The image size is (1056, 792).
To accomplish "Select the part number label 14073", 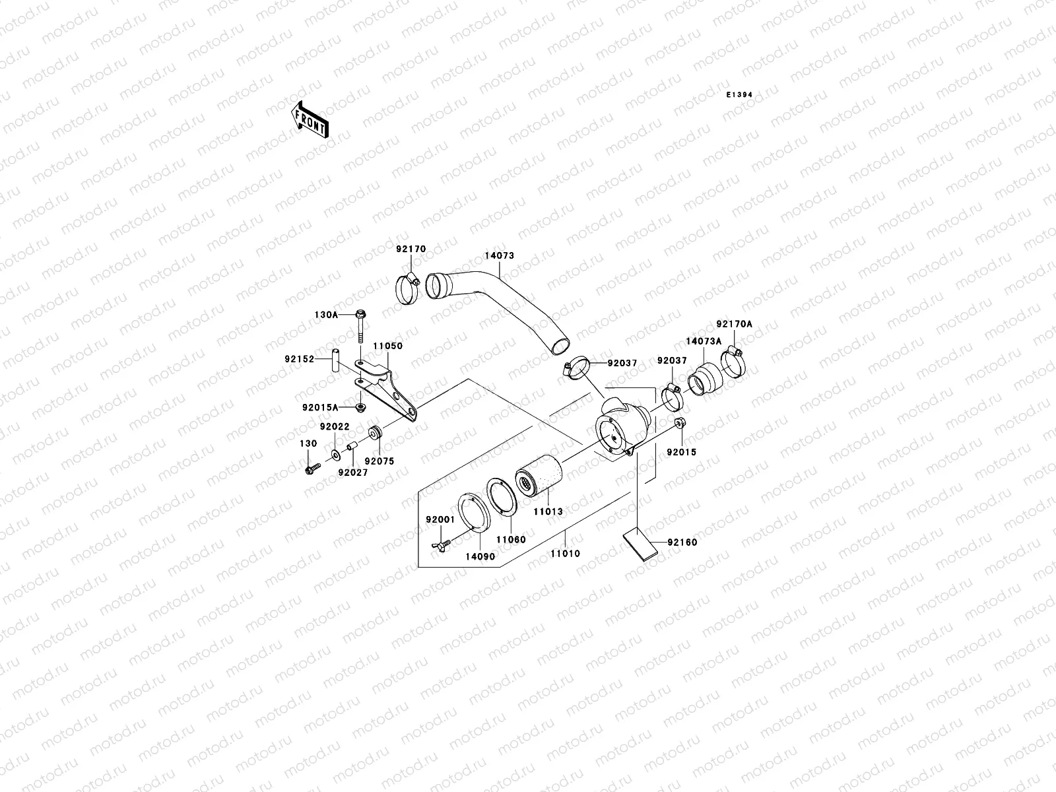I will pyautogui.click(x=499, y=255).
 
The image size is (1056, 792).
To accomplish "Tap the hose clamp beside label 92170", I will pyautogui.click(x=408, y=290).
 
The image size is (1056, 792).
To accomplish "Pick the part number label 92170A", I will pyautogui.click(x=734, y=324).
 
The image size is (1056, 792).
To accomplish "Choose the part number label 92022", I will pyautogui.click(x=334, y=426).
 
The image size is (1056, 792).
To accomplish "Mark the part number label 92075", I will pyautogui.click(x=379, y=461).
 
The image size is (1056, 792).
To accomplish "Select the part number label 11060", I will pyautogui.click(x=511, y=539).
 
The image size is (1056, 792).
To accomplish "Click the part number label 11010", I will pyautogui.click(x=565, y=553).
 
